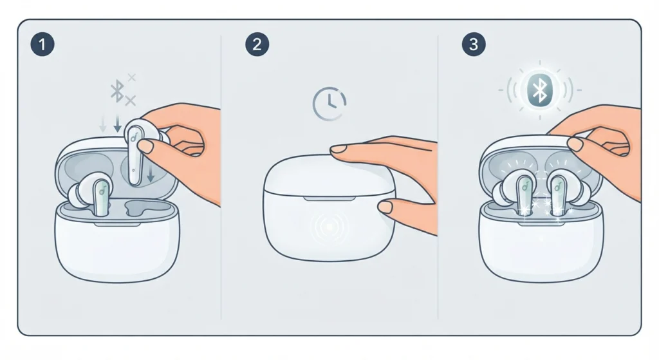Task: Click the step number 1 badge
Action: (x=42, y=44)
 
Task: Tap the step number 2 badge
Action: (x=257, y=44)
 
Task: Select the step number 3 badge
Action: (x=473, y=44)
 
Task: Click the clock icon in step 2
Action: (x=329, y=104)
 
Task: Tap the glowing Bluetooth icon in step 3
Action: (x=540, y=90)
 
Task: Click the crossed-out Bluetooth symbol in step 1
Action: (x=122, y=90)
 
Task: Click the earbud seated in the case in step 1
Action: (x=90, y=193)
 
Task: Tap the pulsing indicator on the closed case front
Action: (x=330, y=227)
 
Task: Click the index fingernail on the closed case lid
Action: (x=339, y=149)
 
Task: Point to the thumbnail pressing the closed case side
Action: (x=385, y=207)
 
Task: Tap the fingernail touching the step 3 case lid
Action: (x=575, y=144)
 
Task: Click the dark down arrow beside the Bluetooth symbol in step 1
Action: (x=118, y=122)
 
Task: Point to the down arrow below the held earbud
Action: (x=150, y=173)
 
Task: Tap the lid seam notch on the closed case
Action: (x=329, y=198)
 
